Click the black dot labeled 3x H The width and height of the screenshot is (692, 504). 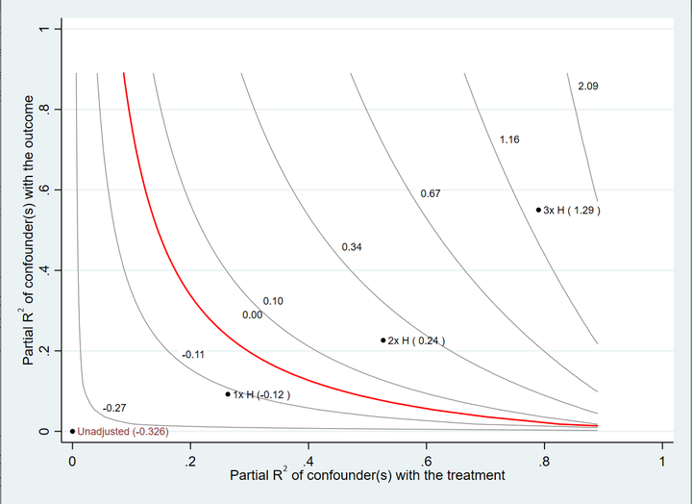pos(538,209)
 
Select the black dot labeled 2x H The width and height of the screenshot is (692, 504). pos(383,340)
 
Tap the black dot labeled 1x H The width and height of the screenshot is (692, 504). pos(228,393)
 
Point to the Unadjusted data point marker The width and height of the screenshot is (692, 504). pos(72,431)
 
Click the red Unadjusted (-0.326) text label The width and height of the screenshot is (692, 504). pos(123,432)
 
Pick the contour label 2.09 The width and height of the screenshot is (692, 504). pos(588,87)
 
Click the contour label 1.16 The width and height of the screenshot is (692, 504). pos(509,140)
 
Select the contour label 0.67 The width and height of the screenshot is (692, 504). pos(431,194)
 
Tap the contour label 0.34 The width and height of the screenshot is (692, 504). pos(352,248)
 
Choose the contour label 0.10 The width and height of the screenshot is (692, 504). pos(273,302)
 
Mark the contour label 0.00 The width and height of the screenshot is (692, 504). pos(252,315)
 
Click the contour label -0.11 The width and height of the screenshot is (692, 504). pos(193,355)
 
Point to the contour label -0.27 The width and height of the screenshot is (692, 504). pos(114,409)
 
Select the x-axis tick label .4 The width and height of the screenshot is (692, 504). pos(308,462)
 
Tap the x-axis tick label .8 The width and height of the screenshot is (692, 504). pos(544,462)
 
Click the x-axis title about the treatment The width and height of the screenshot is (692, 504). pos(367,476)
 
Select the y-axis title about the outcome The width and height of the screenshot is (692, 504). pos(30,230)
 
